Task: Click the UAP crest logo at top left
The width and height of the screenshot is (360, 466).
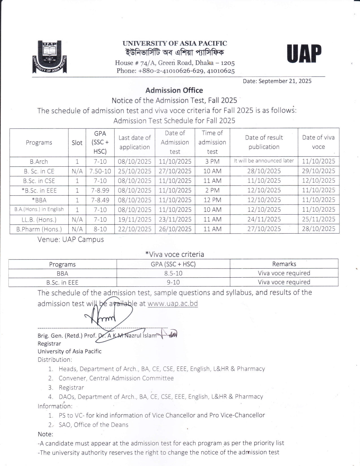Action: point(49,57)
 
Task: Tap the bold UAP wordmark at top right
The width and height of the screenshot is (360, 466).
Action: point(304,54)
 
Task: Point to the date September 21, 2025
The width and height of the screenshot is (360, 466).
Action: point(277,81)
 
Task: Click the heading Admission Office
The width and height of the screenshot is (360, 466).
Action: point(174,90)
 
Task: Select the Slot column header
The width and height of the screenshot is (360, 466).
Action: point(77,143)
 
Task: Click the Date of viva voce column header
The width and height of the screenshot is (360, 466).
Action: point(318,142)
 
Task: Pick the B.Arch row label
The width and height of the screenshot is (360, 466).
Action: point(39,162)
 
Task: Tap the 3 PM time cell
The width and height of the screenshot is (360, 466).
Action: point(212,162)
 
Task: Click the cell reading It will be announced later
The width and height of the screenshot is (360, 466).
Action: point(264,161)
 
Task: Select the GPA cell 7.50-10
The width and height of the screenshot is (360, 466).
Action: point(100,171)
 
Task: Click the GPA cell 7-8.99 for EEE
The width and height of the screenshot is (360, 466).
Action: point(100,191)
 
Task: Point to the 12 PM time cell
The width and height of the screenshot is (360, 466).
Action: point(212,200)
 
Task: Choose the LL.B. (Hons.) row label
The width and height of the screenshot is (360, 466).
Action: point(39,219)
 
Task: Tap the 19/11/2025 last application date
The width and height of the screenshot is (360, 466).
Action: point(135,219)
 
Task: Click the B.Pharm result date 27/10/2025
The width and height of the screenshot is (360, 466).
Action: point(264,229)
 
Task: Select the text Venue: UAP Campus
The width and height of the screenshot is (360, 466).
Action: point(71,239)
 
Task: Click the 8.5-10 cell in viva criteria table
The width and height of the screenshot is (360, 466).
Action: point(173,273)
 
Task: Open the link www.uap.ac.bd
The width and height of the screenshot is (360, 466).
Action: point(173,304)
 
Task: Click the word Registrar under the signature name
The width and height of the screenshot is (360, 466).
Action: point(49,344)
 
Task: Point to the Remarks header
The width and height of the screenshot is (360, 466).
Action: point(284,264)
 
